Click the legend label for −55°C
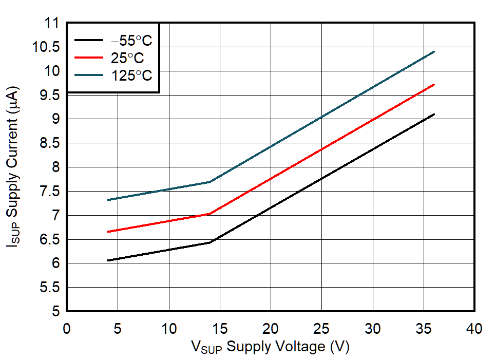131,41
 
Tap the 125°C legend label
131,75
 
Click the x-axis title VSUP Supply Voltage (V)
271,347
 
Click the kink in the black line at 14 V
210,242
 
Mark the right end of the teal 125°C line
434,51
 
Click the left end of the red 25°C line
107,232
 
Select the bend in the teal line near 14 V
210,182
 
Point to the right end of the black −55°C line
434,114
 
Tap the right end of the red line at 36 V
434,84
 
